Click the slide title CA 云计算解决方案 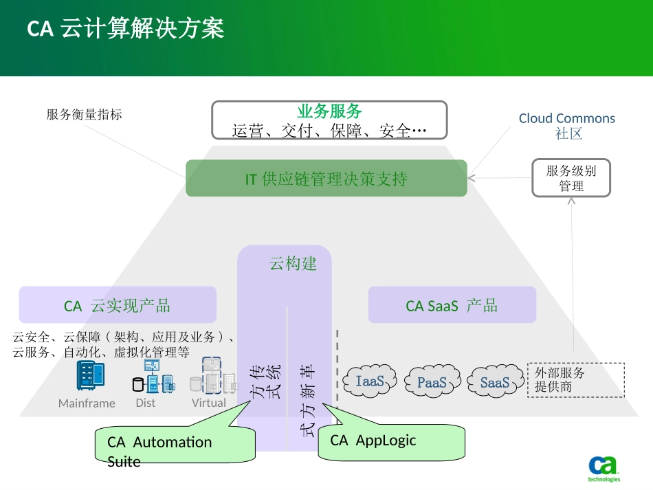[x=125, y=30]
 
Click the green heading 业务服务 [x=329, y=111]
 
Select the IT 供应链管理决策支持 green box [x=326, y=179]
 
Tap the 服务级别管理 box [x=571, y=178]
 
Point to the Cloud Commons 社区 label [x=567, y=126]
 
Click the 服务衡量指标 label [x=84, y=115]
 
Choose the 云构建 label [x=293, y=263]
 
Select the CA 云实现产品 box [x=118, y=305]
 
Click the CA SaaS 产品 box [x=452, y=305]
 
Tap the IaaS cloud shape [x=370, y=381]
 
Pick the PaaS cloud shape [x=432, y=382]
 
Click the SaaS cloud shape [x=494, y=382]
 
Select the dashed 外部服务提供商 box [x=575, y=380]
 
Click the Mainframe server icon [x=90, y=376]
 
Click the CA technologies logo [x=604, y=469]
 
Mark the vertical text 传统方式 [x=265, y=381]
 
